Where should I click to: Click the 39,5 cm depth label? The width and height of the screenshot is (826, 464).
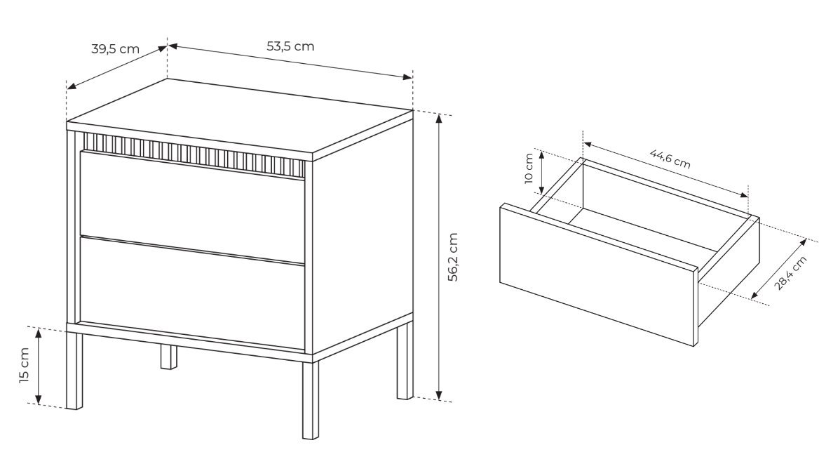[x=116, y=49]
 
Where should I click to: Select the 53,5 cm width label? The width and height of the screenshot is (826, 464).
[x=290, y=46]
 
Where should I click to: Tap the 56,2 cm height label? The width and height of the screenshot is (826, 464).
[x=452, y=257]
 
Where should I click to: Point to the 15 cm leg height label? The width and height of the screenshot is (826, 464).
[x=25, y=366]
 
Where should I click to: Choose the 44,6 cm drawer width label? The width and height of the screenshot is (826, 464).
[x=670, y=159]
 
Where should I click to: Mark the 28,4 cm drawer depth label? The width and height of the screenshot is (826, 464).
[x=790, y=273]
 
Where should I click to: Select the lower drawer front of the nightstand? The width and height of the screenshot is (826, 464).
[x=192, y=293]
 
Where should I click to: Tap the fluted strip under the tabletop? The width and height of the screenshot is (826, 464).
[x=194, y=155]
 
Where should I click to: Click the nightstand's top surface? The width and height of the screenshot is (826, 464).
[x=240, y=119]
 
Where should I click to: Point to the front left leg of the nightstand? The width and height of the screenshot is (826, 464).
[x=75, y=370]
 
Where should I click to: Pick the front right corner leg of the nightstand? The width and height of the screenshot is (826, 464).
[x=311, y=399]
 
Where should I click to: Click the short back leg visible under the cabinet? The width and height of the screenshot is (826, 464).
[x=168, y=357]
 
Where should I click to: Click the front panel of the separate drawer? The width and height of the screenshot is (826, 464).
[x=598, y=274]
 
